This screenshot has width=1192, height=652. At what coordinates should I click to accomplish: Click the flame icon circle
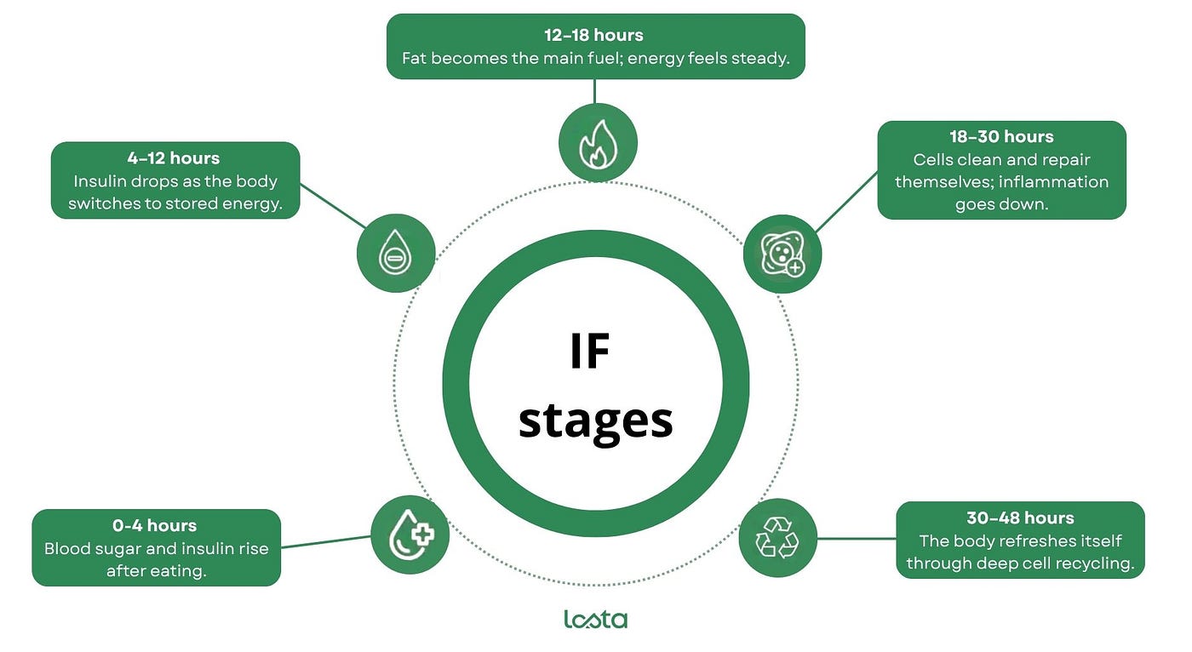598,142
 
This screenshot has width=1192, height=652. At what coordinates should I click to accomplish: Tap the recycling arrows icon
777,538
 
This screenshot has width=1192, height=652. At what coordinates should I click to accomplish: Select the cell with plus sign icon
782,254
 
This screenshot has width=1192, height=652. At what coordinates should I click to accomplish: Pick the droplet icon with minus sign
396,253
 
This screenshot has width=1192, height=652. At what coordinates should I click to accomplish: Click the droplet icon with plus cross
410,535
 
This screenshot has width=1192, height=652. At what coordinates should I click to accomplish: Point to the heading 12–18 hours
593,35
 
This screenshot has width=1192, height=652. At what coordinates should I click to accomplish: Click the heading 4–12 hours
174,158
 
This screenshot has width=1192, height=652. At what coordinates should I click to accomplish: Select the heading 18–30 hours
1001,137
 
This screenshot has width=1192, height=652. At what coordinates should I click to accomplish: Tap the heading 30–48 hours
1020,518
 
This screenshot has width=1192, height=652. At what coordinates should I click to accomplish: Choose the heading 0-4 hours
154,525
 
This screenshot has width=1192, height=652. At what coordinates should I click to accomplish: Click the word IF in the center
589,351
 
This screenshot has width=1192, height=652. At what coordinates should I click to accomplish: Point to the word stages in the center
595,422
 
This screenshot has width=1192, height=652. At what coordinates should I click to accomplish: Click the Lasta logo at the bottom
595,620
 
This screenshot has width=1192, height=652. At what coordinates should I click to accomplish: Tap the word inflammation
1053,182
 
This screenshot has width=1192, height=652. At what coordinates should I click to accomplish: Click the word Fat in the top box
414,58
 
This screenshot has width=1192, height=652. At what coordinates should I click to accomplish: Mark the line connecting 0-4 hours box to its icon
325,541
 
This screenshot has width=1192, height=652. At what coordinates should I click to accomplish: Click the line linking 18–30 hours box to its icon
846,202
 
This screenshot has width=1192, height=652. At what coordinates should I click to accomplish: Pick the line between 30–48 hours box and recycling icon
857,538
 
